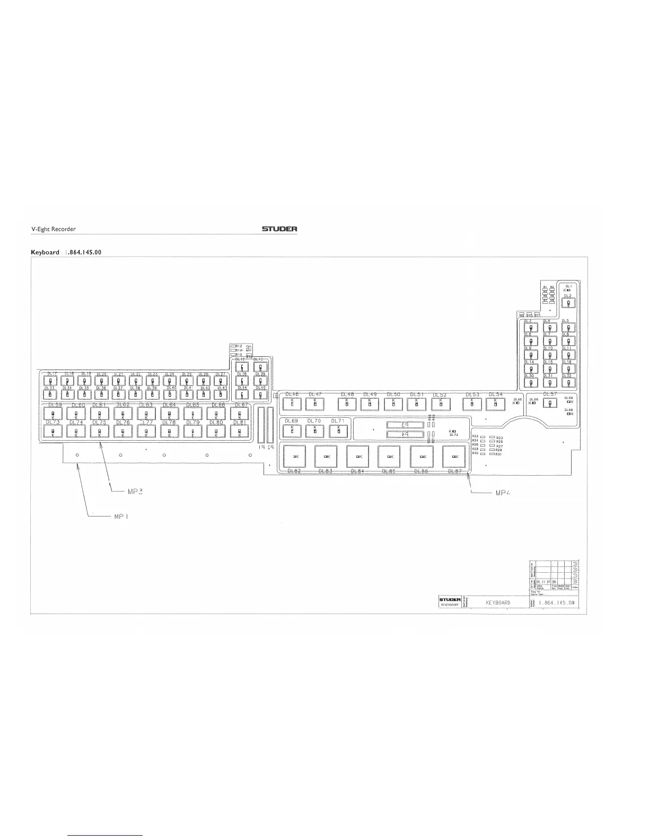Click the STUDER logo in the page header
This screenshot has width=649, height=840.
pyautogui.click(x=279, y=230)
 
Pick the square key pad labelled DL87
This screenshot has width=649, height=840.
pyautogui.click(x=454, y=456)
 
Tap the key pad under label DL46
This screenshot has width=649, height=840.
pyautogui.click(x=292, y=404)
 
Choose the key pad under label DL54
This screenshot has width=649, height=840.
pyautogui.click(x=495, y=404)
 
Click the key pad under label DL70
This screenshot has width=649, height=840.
pyautogui.click(x=314, y=430)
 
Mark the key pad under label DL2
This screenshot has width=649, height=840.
pyautogui.click(x=568, y=303)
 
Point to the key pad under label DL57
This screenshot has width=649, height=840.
pyautogui.click(x=550, y=403)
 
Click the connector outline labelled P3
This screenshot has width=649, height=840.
pyautogui.click(x=405, y=425)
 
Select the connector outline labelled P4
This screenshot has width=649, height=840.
pyautogui.click(x=405, y=434)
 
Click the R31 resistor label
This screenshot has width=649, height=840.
pyautogui.click(x=499, y=454)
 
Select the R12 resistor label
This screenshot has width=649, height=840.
pyautogui.click(x=239, y=346)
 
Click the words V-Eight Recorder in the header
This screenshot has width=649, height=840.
pyautogui.click(x=53, y=230)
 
